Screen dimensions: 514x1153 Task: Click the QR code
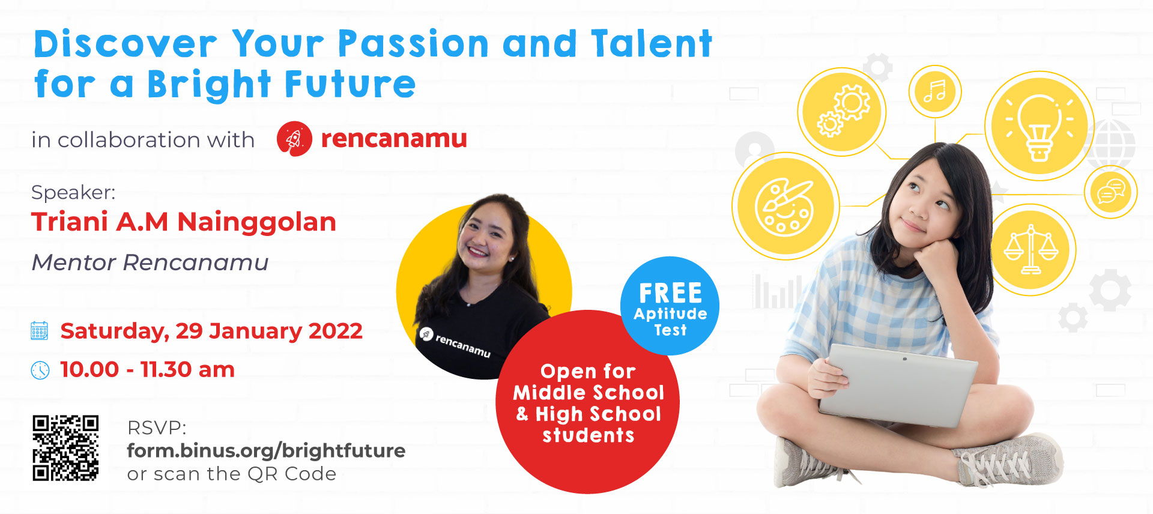pyautogui.click(x=65, y=448)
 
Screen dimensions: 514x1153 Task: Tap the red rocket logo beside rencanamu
pyautogui.click(x=294, y=139)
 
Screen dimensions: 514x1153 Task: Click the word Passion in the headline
pyautogui.click(x=413, y=44)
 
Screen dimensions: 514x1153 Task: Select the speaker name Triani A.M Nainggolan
pyautogui.click(x=184, y=222)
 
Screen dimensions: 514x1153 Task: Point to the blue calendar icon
pyautogui.click(x=40, y=331)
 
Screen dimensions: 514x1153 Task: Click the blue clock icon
pyautogui.click(x=40, y=370)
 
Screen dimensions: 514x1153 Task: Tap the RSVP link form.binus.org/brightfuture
pyautogui.click(x=266, y=450)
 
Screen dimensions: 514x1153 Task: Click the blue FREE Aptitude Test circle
pyautogui.click(x=670, y=306)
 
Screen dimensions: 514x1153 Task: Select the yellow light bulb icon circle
pyautogui.click(x=1040, y=125)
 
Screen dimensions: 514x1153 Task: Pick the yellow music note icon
pyautogui.click(x=935, y=92)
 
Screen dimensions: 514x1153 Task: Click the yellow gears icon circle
pyautogui.click(x=843, y=111)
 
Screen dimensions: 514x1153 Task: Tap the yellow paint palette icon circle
pyautogui.click(x=785, y=206)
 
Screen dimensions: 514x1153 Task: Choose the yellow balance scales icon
pyautogui.click(x=1031, y=250)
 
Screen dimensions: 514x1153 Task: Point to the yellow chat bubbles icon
pyautogui.click(x=1110, y=192)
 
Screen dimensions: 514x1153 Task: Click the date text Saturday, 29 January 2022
pyautogui.click(x=211, y=331)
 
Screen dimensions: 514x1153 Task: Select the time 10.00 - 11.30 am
pyautogui.click(x=147, y=370)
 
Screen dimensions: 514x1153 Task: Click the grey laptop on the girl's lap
pyautogui.click(x=898, y=384)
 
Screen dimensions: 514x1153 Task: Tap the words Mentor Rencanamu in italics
pyautogui.click(x=150, y=262)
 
